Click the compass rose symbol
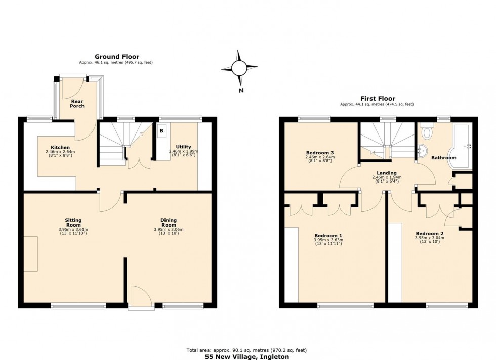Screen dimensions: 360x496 pyautogui.click(x=239, y=67)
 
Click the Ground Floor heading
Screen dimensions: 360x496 pyautogui.click(x=116, y=57)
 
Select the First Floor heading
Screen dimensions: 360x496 pyautogui.click(x=378, y=99)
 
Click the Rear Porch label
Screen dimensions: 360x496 pyautogui.click(x=77, y=104)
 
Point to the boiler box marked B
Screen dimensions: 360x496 pyautogui.click(x=161, y=131)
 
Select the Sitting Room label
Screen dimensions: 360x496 pyautogui.click(x=73, y=222)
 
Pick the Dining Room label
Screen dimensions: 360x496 pyautogui.click(x=169, y=222)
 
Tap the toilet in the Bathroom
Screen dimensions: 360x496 pyautogui.click(x=427, y=132)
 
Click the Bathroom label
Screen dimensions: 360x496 pyautogui.click(x=443, y=158)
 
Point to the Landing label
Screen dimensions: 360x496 pyautogui.click(x=387, y=173)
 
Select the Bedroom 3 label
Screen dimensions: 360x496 pyautogui.click(x=319, y=152)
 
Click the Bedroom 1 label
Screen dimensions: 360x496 pyautogui.click(x=328, y=235)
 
